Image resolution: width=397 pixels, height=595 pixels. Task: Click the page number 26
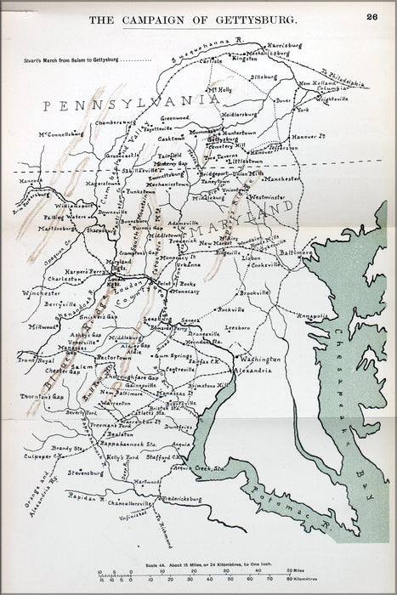(372, 16)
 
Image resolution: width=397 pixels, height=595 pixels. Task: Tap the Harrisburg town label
(262, 44)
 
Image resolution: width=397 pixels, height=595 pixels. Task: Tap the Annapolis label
(312, 315)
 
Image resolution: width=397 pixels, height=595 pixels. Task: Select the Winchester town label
(43, 293)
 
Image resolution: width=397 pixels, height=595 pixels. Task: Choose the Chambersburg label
(114, 122)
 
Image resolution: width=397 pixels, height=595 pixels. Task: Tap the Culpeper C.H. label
(48, 456)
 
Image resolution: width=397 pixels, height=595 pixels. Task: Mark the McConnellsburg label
(60, 133)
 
